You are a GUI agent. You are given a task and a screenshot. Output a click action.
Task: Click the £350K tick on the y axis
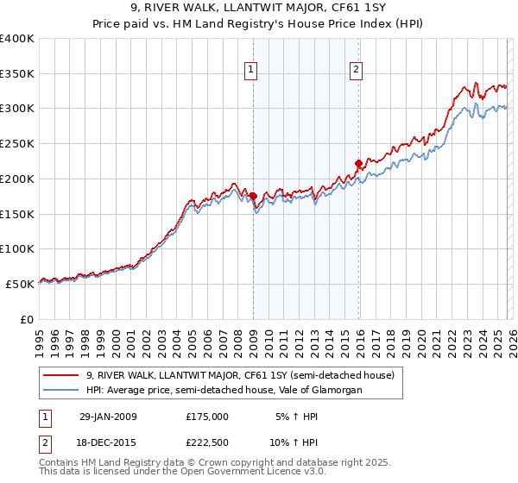17,74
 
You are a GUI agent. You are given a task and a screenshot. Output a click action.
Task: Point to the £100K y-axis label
17,248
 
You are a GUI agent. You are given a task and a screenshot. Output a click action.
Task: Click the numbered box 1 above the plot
250,71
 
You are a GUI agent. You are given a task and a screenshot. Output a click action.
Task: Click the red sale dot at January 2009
253,196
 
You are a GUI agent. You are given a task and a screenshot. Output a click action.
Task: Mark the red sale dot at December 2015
358,162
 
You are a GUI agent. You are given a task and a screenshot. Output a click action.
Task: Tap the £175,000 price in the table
207,417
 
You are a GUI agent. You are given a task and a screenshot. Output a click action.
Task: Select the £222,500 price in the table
207,442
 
